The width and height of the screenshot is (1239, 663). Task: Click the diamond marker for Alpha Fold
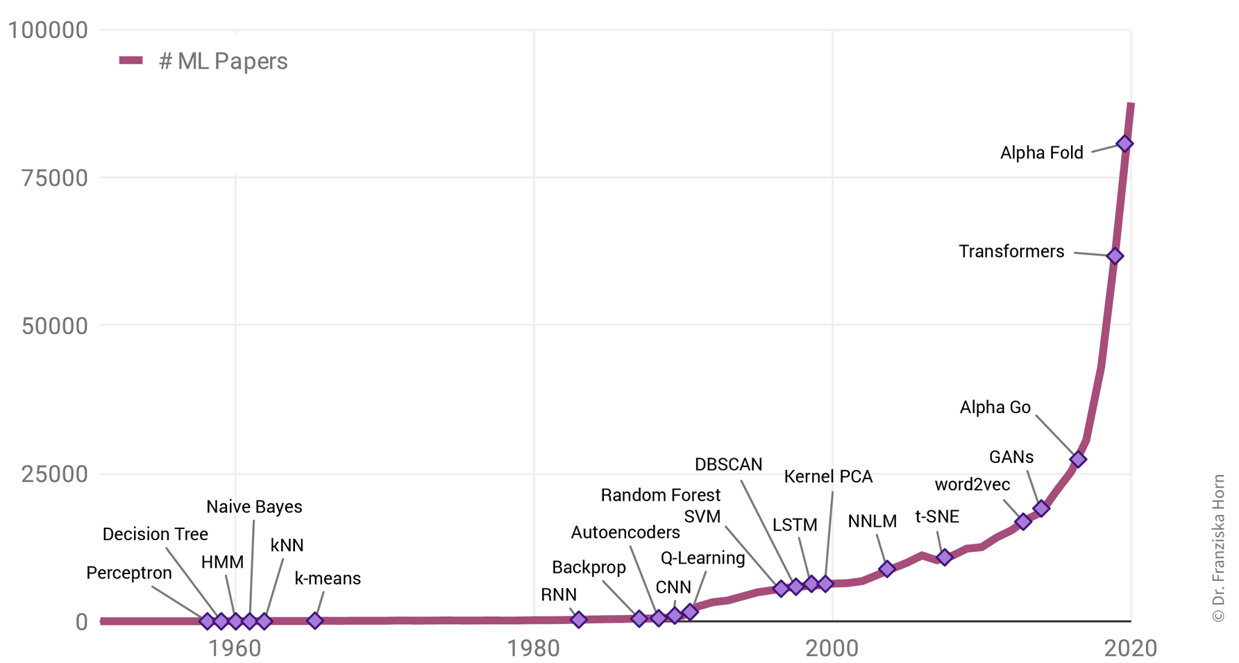click(1124, 144)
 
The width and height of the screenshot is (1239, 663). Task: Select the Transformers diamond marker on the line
click(1115, 256)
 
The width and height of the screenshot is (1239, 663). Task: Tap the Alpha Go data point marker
click(1078, 459)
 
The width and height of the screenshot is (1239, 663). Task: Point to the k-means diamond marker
click(315, 620)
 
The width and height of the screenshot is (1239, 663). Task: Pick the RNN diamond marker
click(579, 619)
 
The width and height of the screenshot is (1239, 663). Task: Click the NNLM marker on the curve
click(886, 569)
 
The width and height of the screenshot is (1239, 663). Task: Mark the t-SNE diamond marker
click(944, 557)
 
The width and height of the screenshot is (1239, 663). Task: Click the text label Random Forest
click(660, 495)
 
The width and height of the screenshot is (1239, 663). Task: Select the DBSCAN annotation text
click(728, 464)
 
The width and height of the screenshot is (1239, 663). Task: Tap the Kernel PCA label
click(828, 476)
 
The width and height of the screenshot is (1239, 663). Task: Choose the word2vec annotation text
click(972, 485)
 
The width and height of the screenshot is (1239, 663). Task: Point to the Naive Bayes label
click(254, 507)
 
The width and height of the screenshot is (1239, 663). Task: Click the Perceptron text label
click(129, 573)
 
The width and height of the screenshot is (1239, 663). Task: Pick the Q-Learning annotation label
click(702, 557)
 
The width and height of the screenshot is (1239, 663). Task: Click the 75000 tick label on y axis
click(55, 178)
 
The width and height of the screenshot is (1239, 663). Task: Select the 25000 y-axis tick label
click(55, 474)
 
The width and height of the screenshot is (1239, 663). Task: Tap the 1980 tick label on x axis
click(533, 648)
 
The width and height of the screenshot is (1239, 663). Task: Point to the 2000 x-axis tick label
click(832, 648)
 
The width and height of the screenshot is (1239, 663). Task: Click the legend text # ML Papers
click(223, 61)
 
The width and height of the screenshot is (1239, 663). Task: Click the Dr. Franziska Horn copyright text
click(1219, 548)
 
